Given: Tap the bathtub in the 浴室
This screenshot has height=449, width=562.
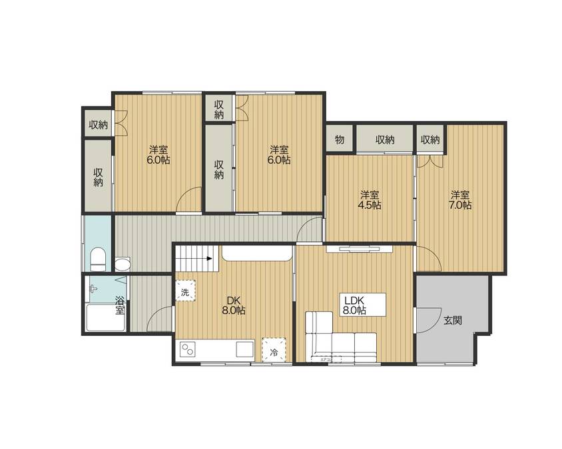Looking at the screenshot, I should pos(101,318).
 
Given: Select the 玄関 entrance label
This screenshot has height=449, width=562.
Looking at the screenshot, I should pos(453,321).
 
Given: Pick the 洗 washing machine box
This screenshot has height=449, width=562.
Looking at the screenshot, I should pos(185,291).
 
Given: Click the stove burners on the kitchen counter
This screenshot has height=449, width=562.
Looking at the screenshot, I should pos(188,349).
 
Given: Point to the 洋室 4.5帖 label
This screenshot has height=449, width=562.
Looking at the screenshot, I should pos(370,200).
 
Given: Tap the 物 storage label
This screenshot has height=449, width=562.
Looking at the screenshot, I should pos(340,140).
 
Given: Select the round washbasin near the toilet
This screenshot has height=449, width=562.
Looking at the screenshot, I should pos(122,265).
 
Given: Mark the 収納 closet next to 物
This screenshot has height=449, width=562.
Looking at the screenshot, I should pos(384,140).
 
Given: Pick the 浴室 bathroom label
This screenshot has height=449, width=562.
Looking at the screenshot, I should pos(120,305).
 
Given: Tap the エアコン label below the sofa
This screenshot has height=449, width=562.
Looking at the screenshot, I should pos(327,360).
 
